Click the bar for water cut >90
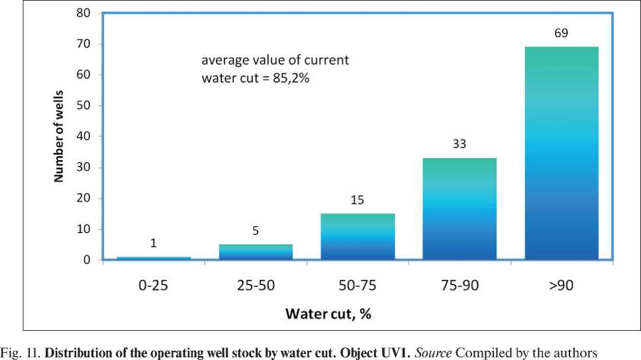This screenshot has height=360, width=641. [x=562, y=153]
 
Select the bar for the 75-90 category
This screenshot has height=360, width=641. [x=460, y=208]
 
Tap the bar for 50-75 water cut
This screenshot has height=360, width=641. [x=358, y=236]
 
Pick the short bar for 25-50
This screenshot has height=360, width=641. [x=256, y=252]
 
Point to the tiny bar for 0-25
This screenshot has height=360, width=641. [x=154, y=258]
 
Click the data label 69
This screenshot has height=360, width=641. [x=561, y=32]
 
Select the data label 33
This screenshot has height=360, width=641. [x=460, y=144]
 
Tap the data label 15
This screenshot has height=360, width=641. [x=358, y=199]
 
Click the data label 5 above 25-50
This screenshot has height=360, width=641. [x=256, y=231]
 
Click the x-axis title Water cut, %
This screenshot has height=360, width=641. [x=328, y=313]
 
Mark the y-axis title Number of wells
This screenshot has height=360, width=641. [x=59, y=136]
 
